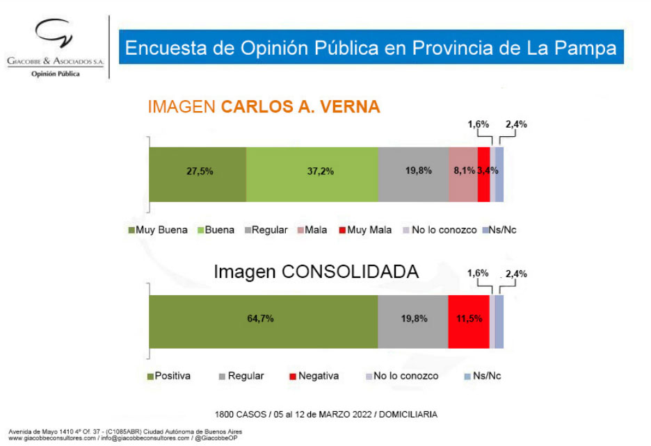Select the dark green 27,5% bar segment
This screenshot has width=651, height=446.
tap(198, 174)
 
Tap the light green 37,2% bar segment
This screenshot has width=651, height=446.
tap(312, 174)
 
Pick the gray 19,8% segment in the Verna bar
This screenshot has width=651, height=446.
tap(413, 174)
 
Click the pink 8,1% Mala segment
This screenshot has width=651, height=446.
tap(463, 174)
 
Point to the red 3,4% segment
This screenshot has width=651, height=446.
tap(484, 174)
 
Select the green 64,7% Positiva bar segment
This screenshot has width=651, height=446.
tap(263, 322)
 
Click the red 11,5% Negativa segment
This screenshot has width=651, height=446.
tap(469, 322)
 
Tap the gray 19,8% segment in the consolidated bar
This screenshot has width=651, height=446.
tap(413, 322)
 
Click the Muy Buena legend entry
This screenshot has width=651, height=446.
tap(157, 230)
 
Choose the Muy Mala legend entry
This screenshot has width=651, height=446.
tap(365, 230)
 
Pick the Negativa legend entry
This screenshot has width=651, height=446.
tap(314, 376)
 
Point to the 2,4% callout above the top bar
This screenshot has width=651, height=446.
tap(516, 125)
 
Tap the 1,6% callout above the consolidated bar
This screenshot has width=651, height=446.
tap(479, 274)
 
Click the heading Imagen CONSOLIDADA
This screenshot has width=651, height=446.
tap(316, 272)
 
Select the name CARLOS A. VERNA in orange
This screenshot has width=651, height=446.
tap(300, 107)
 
